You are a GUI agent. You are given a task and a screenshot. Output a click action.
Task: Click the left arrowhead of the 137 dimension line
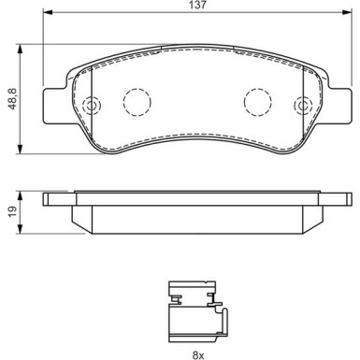pyautogui.click(x=48, y=17)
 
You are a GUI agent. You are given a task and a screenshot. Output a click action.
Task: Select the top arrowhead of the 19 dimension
pyautogui.click(x=22, y=192)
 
